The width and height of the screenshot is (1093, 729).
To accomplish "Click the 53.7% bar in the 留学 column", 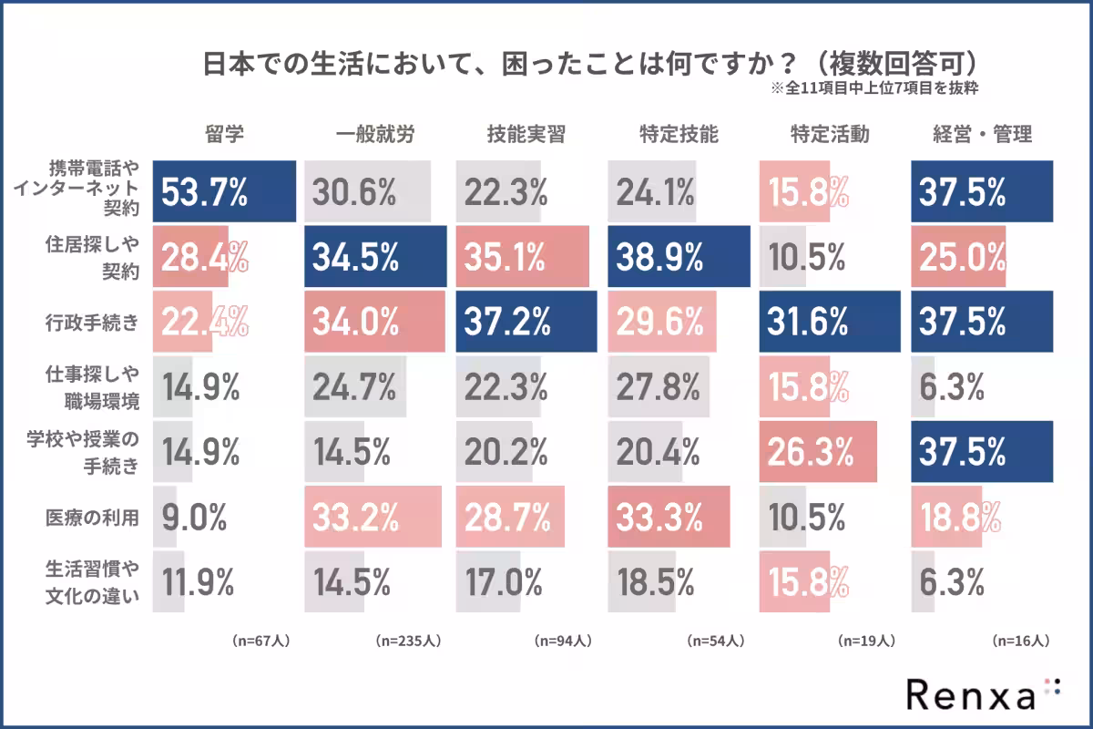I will [x=224, y=191].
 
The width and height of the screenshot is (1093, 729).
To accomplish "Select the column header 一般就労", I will [x=374, y=135].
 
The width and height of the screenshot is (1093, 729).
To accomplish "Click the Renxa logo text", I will [x=971, y=694].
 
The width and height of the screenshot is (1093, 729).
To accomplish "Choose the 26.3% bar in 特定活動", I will [x=817, y=452].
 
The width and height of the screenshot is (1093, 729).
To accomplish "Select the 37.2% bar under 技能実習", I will [x=526, y=322].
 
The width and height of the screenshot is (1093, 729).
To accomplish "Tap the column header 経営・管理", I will [x=982, y=135].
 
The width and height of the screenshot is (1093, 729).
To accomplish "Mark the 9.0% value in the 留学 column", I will [x=194, y=518].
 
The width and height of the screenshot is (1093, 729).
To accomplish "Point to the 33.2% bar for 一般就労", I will [x=373, y=517].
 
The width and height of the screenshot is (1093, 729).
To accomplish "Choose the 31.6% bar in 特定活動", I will [x=829, y=322].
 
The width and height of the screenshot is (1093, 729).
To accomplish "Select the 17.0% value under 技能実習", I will [x=506, y=582].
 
